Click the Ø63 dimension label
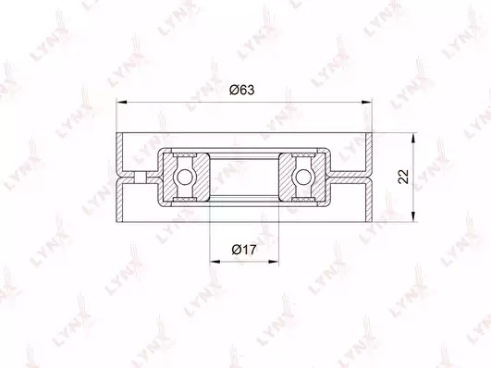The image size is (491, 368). click(241, 90)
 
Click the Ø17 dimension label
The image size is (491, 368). click(243, 250)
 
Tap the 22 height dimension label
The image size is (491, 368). click(404, 177)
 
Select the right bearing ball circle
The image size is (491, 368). click(303, 177)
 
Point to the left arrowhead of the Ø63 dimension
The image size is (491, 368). click(121, 102)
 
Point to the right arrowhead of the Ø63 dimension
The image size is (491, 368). click(367, 102)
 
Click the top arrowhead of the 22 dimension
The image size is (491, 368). click(413, 139)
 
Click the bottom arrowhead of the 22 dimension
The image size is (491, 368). click(413, 216)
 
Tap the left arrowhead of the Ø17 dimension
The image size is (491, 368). click(215, 261)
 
